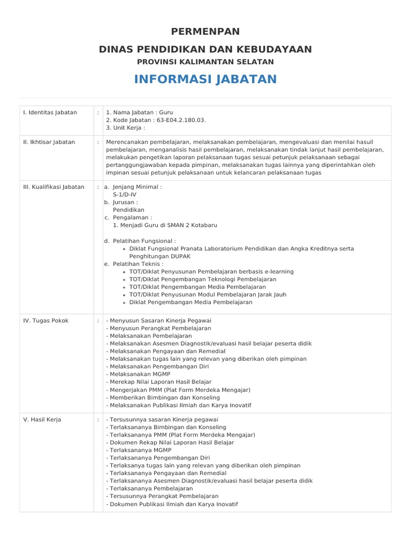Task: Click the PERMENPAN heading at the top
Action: pos(205,32)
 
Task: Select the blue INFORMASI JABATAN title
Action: pos(205,79)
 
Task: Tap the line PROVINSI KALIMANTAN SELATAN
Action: pos(205,62)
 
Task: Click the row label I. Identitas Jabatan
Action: pos(50,113)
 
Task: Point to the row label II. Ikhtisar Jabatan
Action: pos(49,142)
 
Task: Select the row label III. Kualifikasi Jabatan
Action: pos(54,187)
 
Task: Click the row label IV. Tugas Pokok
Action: pos(45,321)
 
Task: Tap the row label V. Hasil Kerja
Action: pos(42,419)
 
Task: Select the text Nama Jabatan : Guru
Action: pos(140,113)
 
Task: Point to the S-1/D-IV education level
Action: pos(127,195)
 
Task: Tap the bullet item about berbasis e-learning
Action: pos(211,272)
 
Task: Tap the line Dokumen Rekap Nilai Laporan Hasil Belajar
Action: pos(170,443)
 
